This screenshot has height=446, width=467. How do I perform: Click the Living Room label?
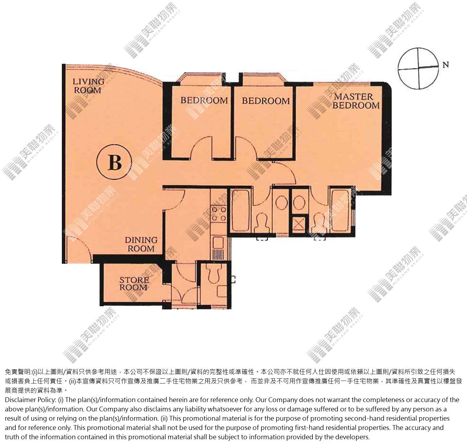tap(88, 86)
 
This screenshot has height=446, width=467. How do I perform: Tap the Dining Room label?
tap(141, 244)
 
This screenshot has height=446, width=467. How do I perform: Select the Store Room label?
tap(134, 283)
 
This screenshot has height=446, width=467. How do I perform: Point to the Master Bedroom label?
tap(356, 101)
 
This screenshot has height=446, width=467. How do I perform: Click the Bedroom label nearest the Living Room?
tap(204, 100)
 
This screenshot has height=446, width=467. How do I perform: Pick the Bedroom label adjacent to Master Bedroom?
tap(266, 101)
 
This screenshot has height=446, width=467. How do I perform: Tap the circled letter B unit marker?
tap(114, 162)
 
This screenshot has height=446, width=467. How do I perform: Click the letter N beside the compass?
tap(446, 65)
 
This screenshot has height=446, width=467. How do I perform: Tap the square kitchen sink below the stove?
tap(218, 243)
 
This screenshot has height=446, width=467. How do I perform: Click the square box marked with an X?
tap(299, 225)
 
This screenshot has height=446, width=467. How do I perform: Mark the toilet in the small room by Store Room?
tap(214, 273)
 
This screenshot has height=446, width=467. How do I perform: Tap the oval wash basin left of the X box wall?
tap(281, 203)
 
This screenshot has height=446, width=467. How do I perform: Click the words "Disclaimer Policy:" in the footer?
tap(30, 400)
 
